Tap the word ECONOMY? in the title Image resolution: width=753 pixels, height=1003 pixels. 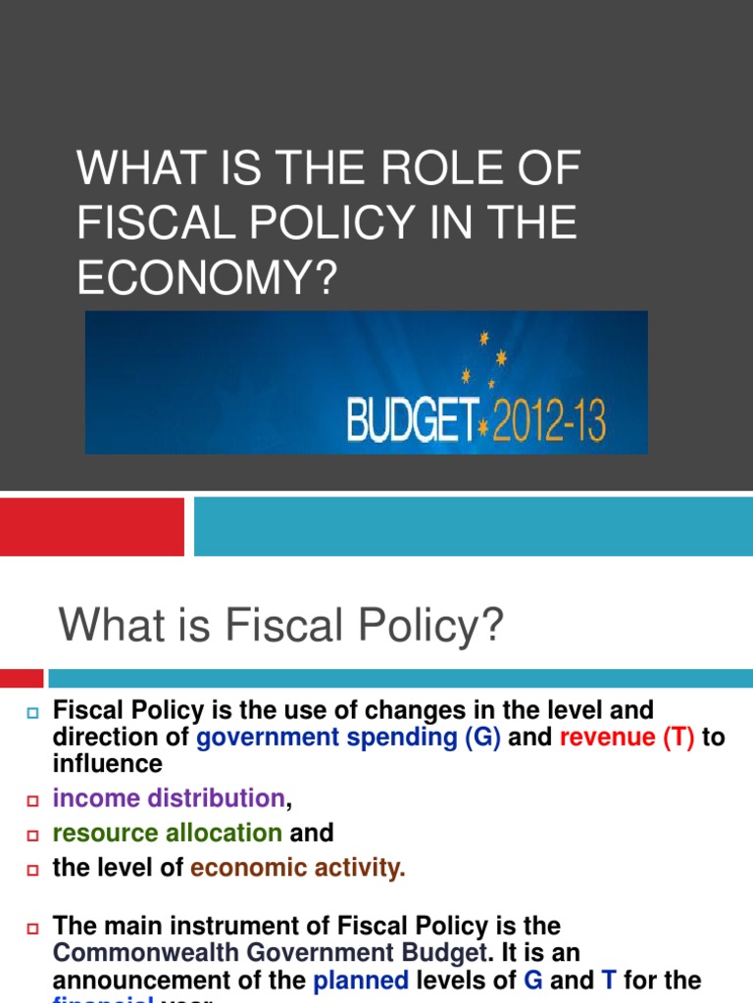[207, 278]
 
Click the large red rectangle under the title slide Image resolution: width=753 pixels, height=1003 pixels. [92, 527]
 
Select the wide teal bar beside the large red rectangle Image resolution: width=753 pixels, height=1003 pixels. [473, 527]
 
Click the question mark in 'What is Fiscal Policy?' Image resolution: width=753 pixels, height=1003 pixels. [491, 625]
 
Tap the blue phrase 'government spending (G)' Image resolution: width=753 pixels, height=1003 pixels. [349, 738]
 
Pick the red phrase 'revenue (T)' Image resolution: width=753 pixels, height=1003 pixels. [627, 738]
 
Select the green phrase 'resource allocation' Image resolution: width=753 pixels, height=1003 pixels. [168, 833]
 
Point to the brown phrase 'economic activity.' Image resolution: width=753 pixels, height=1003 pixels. [297, 867]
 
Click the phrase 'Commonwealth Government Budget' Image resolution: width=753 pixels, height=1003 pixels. [270, 951]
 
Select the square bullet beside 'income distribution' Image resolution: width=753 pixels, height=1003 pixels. [30, 801]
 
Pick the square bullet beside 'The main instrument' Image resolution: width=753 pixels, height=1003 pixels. [30, 928]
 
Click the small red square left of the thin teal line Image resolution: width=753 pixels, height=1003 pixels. [22, 678]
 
